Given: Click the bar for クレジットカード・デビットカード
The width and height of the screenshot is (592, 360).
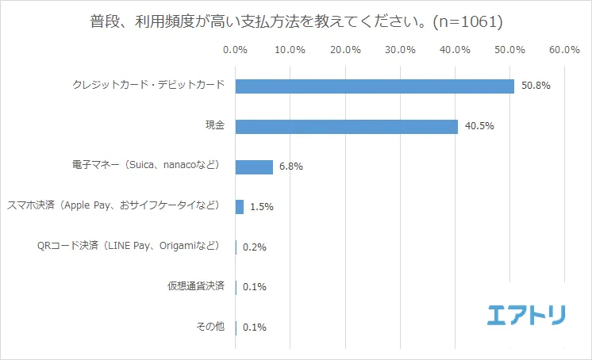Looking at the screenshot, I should click(375, 86).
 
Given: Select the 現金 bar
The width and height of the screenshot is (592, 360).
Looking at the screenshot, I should click(347, 126).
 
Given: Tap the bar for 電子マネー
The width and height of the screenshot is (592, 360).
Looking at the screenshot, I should click(254, 167).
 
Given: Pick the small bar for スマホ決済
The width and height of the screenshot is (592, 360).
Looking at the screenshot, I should click(240, 207).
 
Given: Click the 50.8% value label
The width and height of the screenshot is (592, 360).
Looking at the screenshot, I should click(536, 86).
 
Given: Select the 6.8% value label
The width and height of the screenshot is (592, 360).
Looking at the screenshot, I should click(291, 167).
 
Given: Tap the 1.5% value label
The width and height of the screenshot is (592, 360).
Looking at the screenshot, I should click(262, 207).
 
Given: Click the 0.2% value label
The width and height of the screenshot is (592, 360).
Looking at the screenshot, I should click(255, 247).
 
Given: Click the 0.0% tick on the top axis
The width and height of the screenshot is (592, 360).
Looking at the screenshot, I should click(236, 50).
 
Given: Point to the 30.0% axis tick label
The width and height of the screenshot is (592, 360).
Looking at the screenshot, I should click(400, 50).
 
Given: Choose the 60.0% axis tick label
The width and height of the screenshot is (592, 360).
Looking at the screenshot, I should click(563, 50).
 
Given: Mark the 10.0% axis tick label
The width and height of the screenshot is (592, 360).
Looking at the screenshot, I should click(290, 50).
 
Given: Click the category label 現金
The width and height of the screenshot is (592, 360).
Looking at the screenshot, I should click(214, 125).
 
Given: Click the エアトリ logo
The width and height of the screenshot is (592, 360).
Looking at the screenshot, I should click(526, 315).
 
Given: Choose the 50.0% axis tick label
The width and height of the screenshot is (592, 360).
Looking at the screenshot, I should click(509, 50).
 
